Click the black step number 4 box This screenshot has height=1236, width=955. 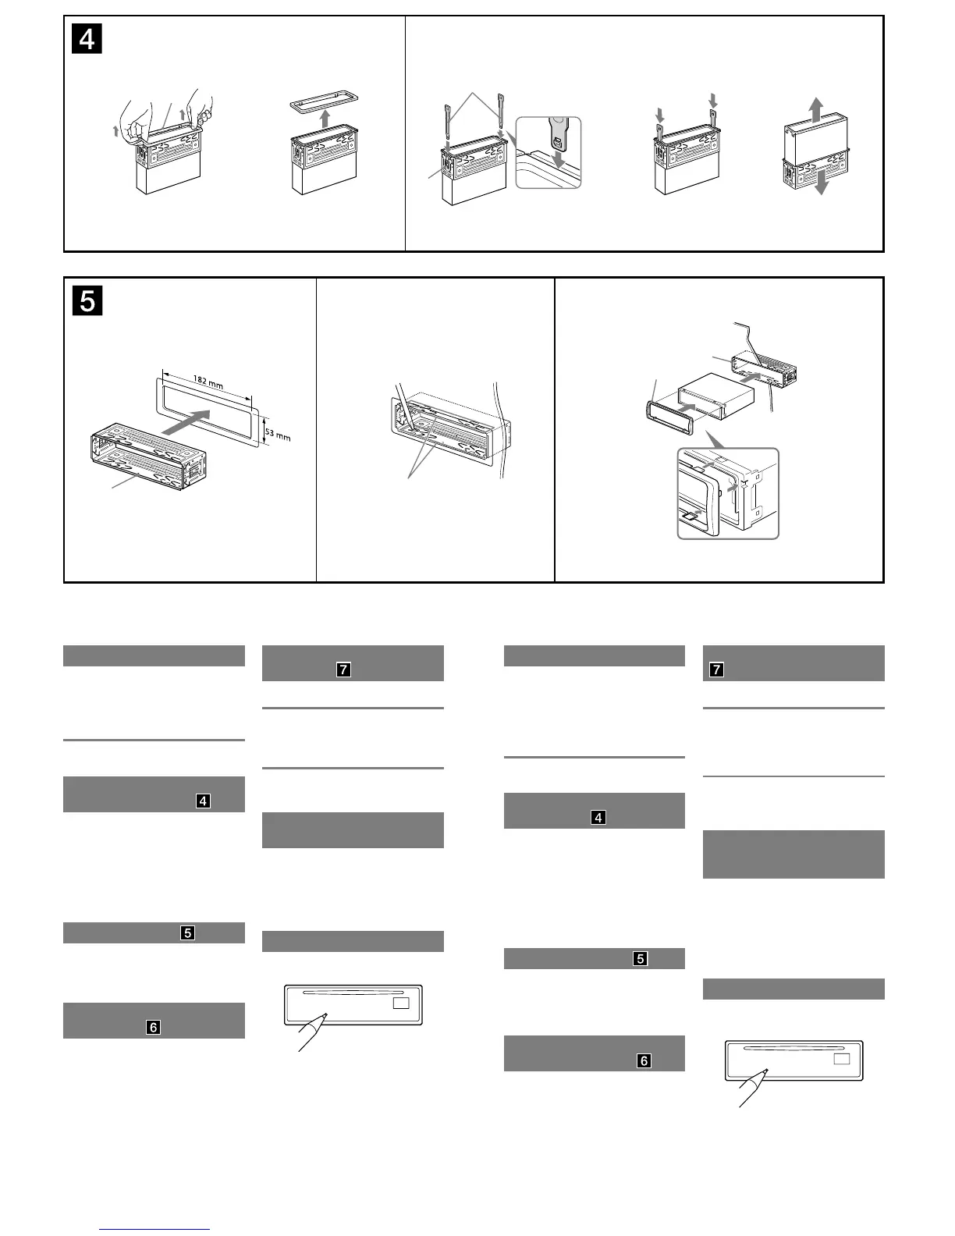pyautogui.click(x=87, y=39)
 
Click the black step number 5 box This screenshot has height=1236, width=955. pyautogui.click(x=87, y=300)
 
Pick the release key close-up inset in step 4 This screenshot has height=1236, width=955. pyautogui.click(x=549, y=153)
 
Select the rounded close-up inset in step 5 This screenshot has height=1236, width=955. pyautogui.click(x=727, y=493)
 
